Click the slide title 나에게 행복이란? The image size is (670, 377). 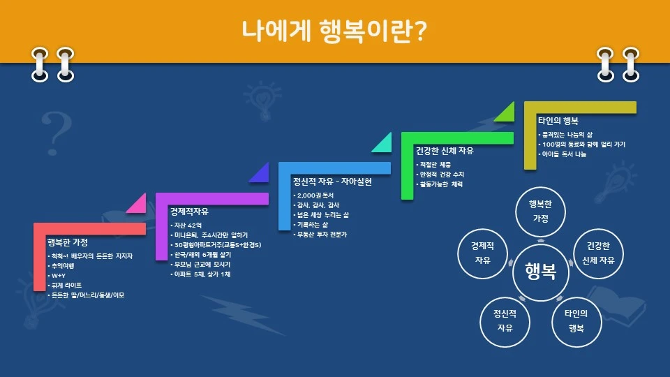334,30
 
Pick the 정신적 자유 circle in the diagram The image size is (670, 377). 506,320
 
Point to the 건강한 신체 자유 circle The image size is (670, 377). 598,253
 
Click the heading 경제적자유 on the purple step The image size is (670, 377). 189,212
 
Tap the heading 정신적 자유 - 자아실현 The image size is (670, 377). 332,182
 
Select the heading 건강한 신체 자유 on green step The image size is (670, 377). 443,150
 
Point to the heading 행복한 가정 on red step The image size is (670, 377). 67,242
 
